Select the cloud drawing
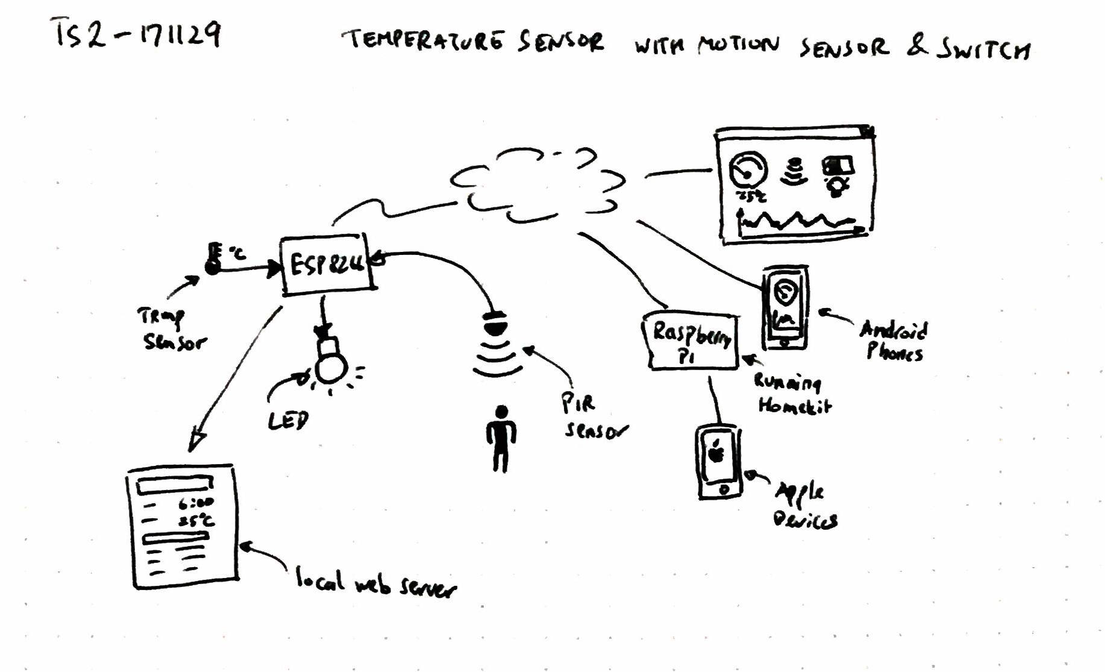point(538,184)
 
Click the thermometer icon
point(213,259)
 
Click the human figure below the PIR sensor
point(501,438)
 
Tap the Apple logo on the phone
point(716,451)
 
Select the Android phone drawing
point(785,308)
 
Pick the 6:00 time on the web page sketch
point(196,503)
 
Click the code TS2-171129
point(137,34)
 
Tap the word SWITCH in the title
point(983,49)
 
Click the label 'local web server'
point(375,583)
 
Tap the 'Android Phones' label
point(894,341)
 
